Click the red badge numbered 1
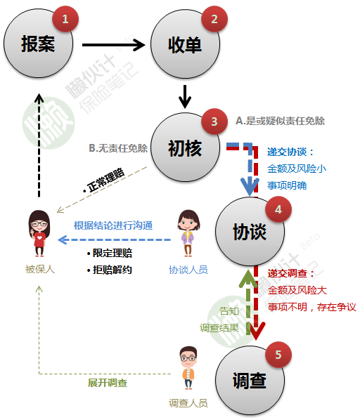coord(65,19)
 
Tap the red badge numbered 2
coord(214,19)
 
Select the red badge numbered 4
coord(278,209)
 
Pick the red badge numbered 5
coord(278,355)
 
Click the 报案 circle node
coord(39,44)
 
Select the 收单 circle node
coord(185,44)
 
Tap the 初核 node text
coord(185,148)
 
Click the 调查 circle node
coord(250,381)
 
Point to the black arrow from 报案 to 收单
coord(113,45)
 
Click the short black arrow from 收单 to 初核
coord(185,96)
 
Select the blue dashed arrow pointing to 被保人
coord(114,239)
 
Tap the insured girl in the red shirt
coord(39,233)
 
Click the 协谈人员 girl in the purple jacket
coord(188,233)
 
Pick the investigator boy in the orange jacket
coord(188,367)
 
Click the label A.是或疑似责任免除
coord(280,121)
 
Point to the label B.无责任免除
coord(118,148)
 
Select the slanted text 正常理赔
coord(106,180)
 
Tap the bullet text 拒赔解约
coord(110,270)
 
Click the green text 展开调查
coord(108,383)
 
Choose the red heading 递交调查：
coord(291,273)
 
